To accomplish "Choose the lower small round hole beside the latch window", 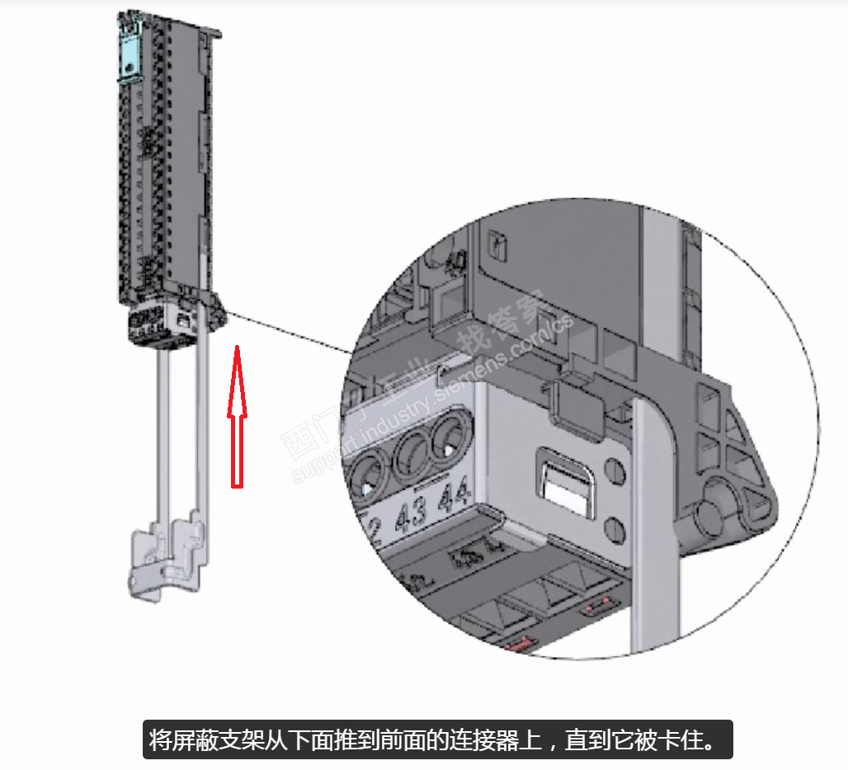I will click(614, 527).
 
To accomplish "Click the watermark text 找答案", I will click(512, 322).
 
